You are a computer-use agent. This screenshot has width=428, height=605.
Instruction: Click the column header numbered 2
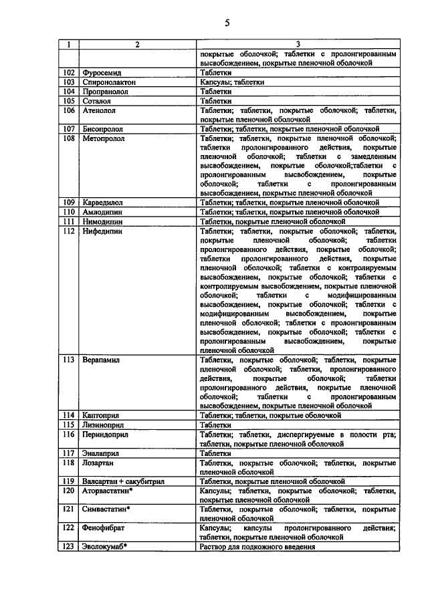(x=137, y=45)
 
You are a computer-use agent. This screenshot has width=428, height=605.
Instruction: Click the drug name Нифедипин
(x=102, y=231)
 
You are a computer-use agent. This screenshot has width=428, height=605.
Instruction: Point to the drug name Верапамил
(x=101, y=359)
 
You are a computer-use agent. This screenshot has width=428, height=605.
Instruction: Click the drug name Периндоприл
(x=106, y=433)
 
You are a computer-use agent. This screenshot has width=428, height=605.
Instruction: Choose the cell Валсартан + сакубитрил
(x=124, y=480)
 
